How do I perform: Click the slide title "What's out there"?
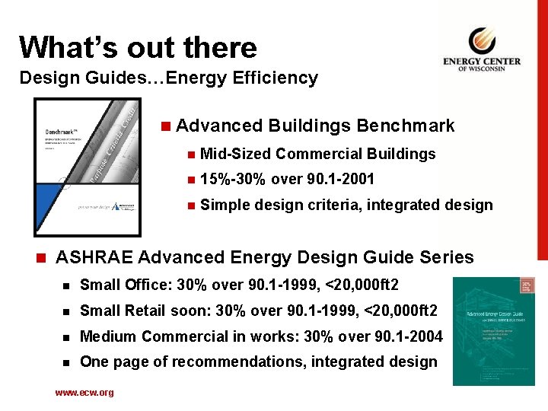pyautogui.click(x=138, y=47)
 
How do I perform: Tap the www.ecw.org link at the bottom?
pyautogui.click(x=84, y=393)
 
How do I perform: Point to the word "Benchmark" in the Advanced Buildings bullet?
pyautogui.click(x=405, y=126)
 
